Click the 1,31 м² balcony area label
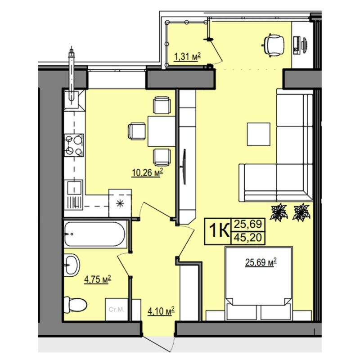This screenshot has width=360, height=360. [x=188, y=57]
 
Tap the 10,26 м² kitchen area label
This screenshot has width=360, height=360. [x=148, y=172]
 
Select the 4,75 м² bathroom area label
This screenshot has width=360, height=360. [x=98, y=279]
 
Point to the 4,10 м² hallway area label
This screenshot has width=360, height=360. [x=161, y=311]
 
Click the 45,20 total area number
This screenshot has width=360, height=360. [x=247, y=238]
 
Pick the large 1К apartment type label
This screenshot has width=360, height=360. [x=219, y=231]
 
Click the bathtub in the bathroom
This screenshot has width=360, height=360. [x=95, y=234]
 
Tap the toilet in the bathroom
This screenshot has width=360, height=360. [x=75, y=305]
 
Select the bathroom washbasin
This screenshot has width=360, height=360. [x=72, y=265]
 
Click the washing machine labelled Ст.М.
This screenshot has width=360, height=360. [x=117, y=309]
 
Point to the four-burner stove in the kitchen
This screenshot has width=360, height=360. [x=74, y=145]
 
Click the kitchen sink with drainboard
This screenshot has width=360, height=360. [x=73, y=194]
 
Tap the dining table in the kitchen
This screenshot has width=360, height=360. [x=162, y=131]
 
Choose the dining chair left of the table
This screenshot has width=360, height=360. [x=137, y=131]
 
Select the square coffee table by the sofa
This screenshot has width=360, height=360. [x=258, y=134]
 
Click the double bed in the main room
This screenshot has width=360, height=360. [x=259, y=283]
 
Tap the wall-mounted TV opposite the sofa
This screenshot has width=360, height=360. [x=184, y=166]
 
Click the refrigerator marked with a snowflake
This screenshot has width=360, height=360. [x=120, y=203]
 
